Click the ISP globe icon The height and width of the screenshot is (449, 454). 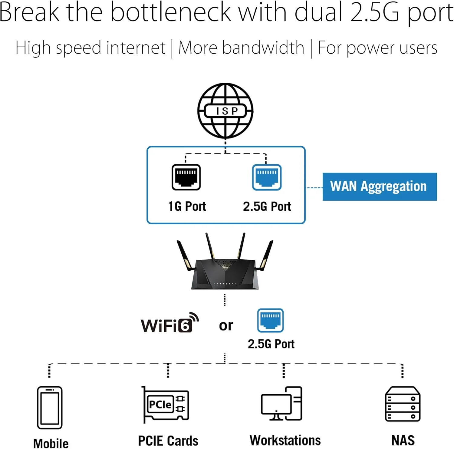tap(225, 111)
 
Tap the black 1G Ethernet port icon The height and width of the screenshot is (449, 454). tap(186, 177)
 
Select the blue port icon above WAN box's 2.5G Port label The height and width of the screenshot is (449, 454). tap(267, 177)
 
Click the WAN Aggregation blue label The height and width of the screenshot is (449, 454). tap(379, 187)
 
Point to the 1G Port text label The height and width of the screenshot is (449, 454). tap(187, 206)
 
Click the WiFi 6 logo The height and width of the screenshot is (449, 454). tap(169, 323)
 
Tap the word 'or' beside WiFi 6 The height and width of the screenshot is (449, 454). tap(226, 326)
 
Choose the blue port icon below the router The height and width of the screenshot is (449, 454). tap(270, 320)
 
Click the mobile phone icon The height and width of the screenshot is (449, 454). tap(50, 408)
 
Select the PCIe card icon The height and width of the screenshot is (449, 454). tap(166, 404)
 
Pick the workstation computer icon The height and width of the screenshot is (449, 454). tap(282, 404)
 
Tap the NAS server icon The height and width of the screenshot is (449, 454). tap(403, 404)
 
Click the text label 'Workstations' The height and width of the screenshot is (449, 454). tap(285, 440)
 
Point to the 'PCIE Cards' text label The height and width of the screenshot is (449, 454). tap(168, 441)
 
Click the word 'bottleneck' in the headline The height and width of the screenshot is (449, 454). tap(171, 13)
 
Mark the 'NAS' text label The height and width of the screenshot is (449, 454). tap(403, 440)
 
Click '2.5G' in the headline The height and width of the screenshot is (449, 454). tap(375, 13)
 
